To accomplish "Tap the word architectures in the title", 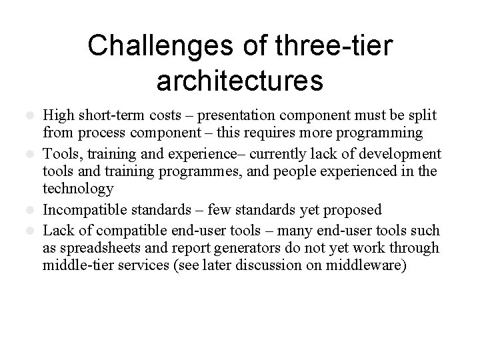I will click(x=240, y=80).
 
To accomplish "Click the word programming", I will click(x=385, y=133).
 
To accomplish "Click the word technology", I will click(x=76, y=190).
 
